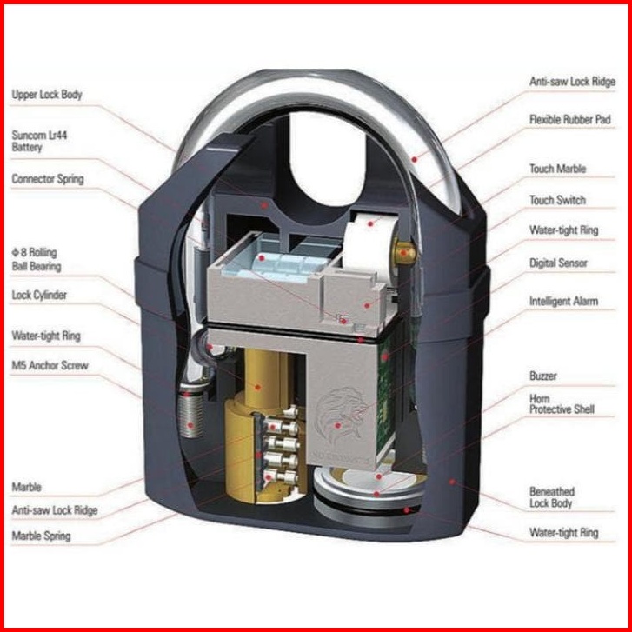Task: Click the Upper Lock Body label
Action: point(47,95)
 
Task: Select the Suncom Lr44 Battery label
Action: point(39,141)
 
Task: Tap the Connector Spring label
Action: point(48,179)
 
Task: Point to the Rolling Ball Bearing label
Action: point(37,260)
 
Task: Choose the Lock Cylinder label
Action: point(39,295)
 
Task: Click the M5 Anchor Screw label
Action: point(50,366)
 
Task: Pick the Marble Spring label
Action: point(41,536)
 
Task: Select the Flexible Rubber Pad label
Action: point(570,120)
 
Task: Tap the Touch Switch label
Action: point(557,200)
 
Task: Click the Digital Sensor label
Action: point(558,263)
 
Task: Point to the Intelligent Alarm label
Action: point(563,301)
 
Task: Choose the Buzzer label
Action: point(543,376)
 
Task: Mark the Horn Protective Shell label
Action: point(562,404)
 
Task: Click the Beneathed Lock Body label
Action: point(552,497)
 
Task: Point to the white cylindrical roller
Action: point(368,243)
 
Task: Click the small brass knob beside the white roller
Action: point(404,252)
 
